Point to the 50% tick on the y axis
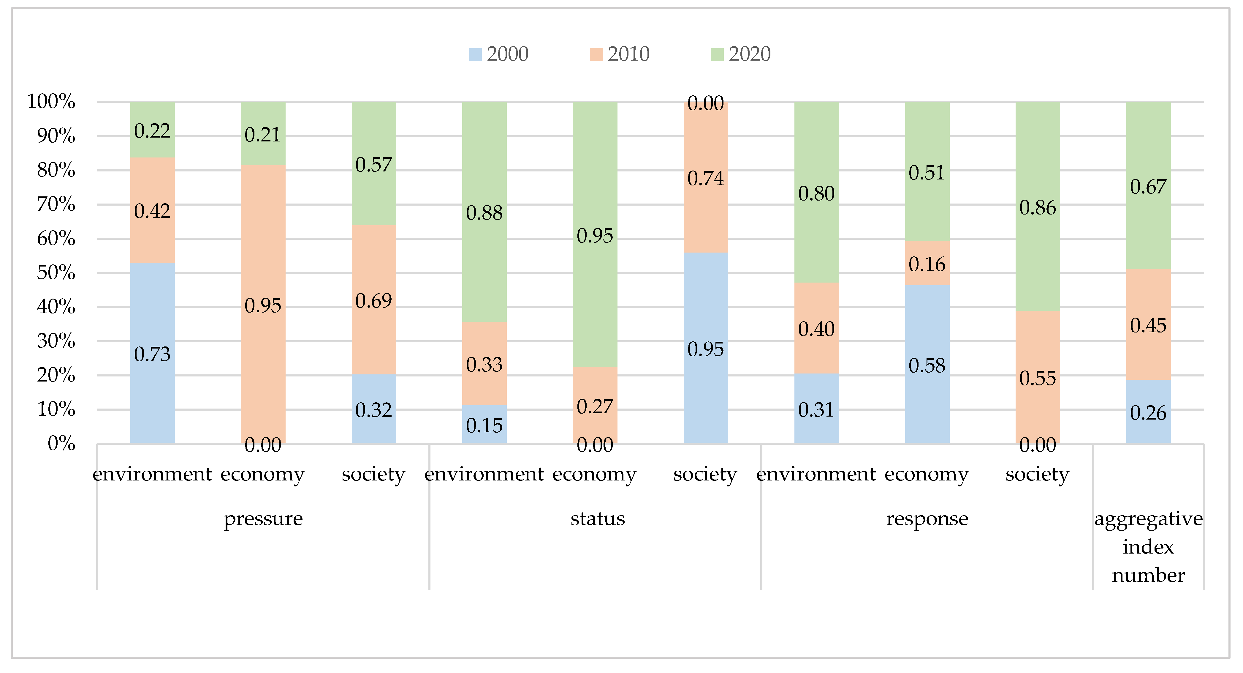56,273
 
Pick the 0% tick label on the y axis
61,443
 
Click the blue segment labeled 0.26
1148,412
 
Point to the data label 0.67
1148,187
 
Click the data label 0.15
484,425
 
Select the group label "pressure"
263,518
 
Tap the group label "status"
597,518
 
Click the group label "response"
927,518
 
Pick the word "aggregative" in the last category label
1148,518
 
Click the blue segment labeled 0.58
927,365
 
